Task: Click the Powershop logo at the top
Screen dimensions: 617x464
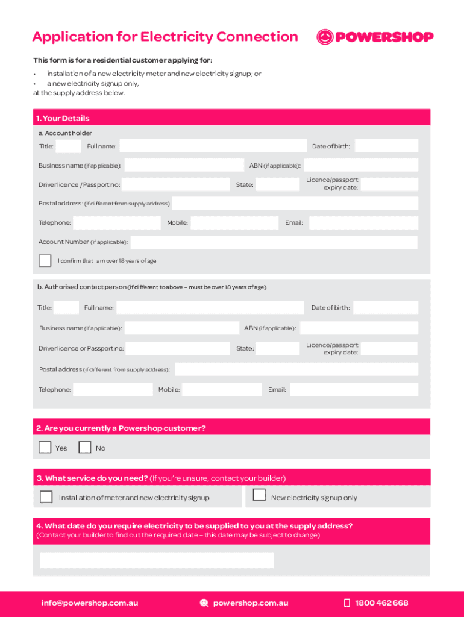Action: coord(375,37)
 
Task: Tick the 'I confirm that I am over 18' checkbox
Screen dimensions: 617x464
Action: coord(45,260)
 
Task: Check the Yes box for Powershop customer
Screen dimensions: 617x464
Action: coord(45,447)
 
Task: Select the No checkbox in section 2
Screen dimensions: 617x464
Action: coord(85,447)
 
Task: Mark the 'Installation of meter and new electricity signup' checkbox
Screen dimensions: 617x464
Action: coord(46,496)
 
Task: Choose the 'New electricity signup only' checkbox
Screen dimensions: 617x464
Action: coord(259,495)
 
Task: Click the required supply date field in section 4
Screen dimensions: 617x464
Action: coord(157,560)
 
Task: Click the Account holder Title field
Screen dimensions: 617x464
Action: coord(69,146)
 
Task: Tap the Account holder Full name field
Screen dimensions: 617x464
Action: coord(213,146)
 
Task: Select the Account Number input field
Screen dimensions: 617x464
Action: coord(274,242)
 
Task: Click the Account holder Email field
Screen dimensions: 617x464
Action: coord(363,223)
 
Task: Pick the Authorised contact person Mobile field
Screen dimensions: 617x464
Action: coord(222,389)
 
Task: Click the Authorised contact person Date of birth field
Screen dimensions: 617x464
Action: coord(386,307)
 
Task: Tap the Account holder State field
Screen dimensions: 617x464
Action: coord(277,184)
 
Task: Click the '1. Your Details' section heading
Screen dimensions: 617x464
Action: coord(63,118)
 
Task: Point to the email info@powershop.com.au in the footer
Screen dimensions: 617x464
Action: coord(90,603)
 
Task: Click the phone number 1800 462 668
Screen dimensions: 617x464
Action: coord(381,603)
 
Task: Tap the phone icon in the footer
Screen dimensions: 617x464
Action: coord(346,603)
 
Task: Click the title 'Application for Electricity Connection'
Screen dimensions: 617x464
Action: coord(165,37)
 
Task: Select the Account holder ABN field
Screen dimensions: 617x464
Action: coord(361,165)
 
